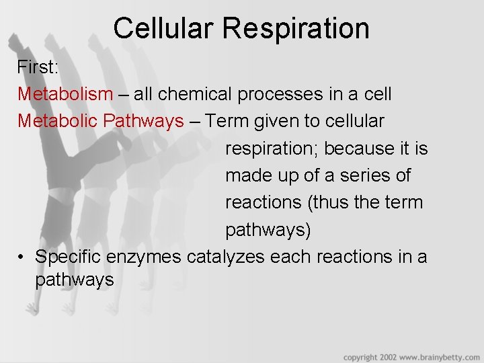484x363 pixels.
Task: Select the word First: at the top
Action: coord(38,67)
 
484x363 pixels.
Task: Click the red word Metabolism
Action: coord(65,94)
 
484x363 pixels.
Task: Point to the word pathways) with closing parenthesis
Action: coord(268,230)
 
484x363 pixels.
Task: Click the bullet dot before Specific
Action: coord(22,257)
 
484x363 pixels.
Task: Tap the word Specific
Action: coord(73,257)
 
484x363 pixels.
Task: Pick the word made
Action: coord(245,175)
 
